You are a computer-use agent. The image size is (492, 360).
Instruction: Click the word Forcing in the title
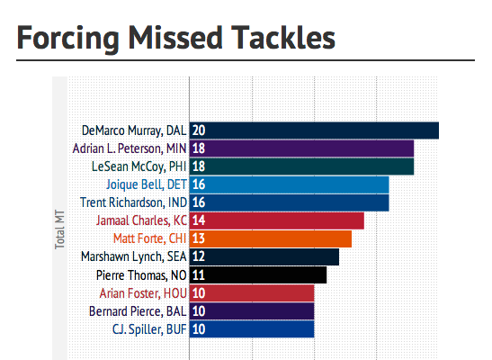[67, 39]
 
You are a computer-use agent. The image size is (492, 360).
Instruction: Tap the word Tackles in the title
[283, 37]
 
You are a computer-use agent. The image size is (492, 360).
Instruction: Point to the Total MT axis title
[59, 229]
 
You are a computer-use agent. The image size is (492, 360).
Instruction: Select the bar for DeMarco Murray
[314, 130]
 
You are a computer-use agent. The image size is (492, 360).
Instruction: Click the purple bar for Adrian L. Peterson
[301, 148]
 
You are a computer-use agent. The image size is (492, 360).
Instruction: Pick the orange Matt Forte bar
[271, 238]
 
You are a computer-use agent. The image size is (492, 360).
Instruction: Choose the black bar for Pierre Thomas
[258, 274]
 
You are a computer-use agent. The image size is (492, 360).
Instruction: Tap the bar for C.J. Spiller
[252, 329]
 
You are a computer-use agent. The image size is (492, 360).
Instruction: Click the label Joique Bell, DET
[147, 184]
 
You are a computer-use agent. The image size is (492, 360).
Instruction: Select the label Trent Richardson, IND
[134, 202]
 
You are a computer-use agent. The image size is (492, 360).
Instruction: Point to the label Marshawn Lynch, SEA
[134, 256]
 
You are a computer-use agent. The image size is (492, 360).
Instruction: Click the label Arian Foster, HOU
[143, 293]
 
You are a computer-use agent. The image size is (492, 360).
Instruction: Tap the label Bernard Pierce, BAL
[138, 311]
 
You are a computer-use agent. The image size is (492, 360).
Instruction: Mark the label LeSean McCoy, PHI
[139, 166]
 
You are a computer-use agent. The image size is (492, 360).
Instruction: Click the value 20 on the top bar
[199, 130]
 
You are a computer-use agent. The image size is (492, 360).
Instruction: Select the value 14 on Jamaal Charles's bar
[199, 220]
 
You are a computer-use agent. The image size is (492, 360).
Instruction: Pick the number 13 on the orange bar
[199, 238]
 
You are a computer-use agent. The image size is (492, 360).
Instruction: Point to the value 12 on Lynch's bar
[199, 256]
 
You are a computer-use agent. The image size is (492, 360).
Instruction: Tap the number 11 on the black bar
[199, 274]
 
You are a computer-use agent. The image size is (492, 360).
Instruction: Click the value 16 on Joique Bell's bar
[199, 184]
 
